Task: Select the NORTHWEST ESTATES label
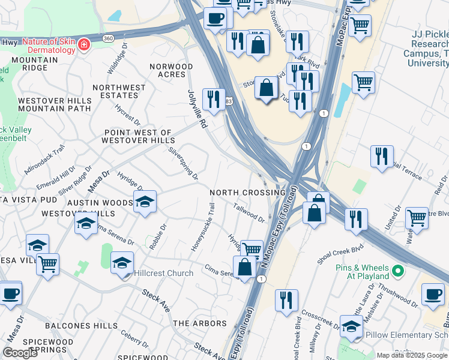pos(119,91)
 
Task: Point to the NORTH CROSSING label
pos(247,193)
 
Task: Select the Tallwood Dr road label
pos(249,212)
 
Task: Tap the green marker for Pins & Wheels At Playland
pos(397,274)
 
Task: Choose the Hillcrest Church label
pos(163,273)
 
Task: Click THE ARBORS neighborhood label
pos(200,323)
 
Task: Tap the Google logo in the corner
pos(20,352)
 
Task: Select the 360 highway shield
pos(107,38)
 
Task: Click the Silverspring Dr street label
pos(184,163)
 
